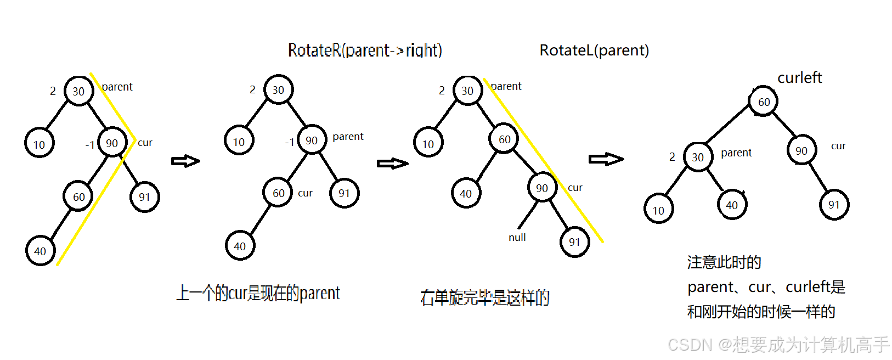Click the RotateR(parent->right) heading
tap(365, 50)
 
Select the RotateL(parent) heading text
tap(594, 50)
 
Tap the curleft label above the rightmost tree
tap(799, 78)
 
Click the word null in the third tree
tap(517, 238)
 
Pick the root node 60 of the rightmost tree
tap(763, 102)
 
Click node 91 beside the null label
tap(574, 242)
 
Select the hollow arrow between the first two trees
tap(185, 161)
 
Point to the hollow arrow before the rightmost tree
tap(606, 159)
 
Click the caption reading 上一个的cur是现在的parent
tap(258, 294)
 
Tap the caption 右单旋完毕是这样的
tap(485, 298)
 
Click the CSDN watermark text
tap(778, 345)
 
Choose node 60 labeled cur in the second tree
tap(278, 193)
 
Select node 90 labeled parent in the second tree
tap(312, 140)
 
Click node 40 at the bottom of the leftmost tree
tap(40, 251)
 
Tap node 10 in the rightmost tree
tap(658, 210)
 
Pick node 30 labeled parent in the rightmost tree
tap(698, 157)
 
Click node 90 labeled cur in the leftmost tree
tap(112, 143)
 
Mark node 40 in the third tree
tap(466, 193)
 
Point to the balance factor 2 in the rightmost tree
tap(672, 157)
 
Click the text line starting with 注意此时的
tap(724, 262)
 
